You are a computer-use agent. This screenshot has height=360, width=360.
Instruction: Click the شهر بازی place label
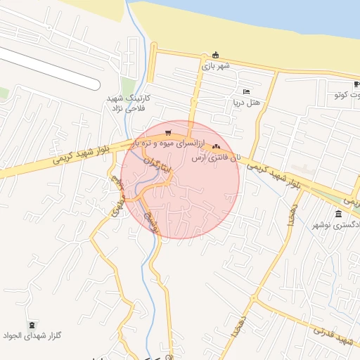217,65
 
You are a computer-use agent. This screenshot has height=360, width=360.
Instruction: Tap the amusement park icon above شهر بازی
216,56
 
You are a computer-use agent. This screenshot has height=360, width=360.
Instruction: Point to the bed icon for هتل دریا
246,91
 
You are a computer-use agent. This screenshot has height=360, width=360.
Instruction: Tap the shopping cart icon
167,131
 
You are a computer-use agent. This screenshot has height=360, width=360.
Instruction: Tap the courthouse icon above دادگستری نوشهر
338,214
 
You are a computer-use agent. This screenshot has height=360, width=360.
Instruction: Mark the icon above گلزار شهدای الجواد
33,324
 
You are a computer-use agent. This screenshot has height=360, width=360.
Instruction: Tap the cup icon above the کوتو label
357,84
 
